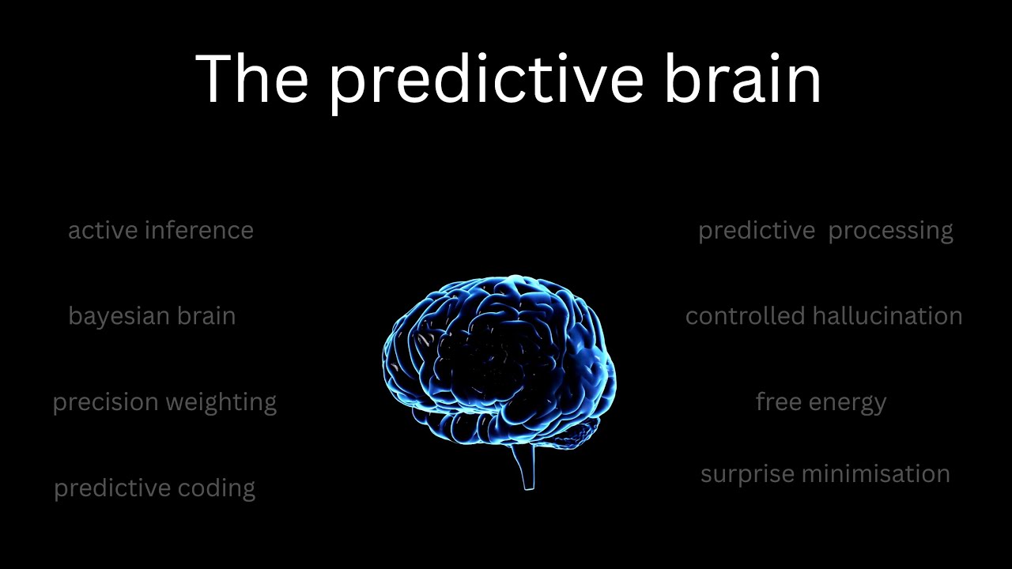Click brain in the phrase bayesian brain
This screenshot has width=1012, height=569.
(x=206, y=316)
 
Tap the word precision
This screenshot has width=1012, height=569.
(x=104, y=402)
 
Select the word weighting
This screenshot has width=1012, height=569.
(x=222, y=402)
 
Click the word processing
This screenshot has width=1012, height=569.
(x=890, y=231)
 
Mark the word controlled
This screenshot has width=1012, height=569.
(x=745, y=316)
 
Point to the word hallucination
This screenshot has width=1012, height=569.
(x=887, y=316)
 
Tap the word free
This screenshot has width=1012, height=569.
(x=780, y=401)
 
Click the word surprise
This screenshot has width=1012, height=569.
(x=747, y=474)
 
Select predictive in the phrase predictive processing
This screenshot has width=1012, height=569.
(x=756, y=231)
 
